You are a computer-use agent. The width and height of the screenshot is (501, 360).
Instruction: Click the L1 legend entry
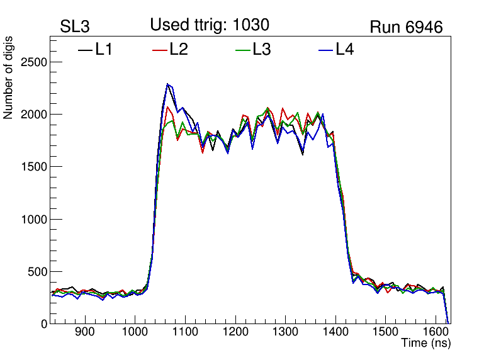96,50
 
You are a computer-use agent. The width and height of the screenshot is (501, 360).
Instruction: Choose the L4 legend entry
336,50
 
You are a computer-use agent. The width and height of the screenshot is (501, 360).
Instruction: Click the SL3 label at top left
75,27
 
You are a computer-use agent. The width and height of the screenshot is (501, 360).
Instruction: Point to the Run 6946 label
406,27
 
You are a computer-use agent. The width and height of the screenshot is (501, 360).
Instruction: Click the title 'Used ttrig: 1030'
210,25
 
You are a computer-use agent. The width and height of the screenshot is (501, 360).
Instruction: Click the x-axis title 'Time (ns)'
426,344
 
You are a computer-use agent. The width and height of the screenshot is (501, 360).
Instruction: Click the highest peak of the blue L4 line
167,84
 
